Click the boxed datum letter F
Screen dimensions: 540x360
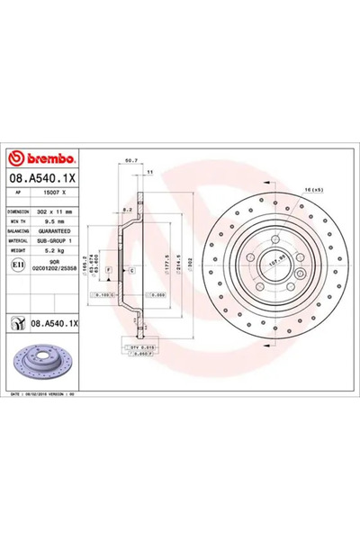click(x=109, y=270)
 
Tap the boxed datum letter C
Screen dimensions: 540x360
click(x=131, y=270)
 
